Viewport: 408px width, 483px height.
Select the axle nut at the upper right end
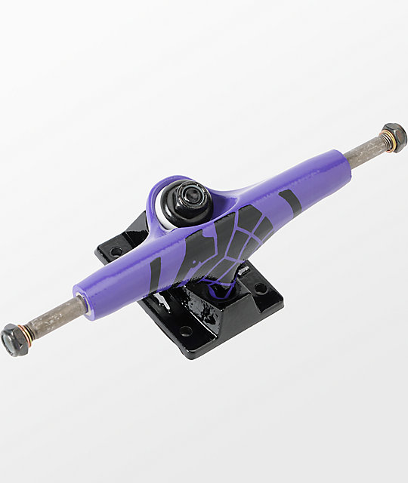click(x=394, y=137)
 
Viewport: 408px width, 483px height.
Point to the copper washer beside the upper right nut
click(x=384, y=140)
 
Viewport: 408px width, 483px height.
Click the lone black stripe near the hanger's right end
click(x=289, y=200)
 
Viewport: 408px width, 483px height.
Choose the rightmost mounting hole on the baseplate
click(x=261, y=288)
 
